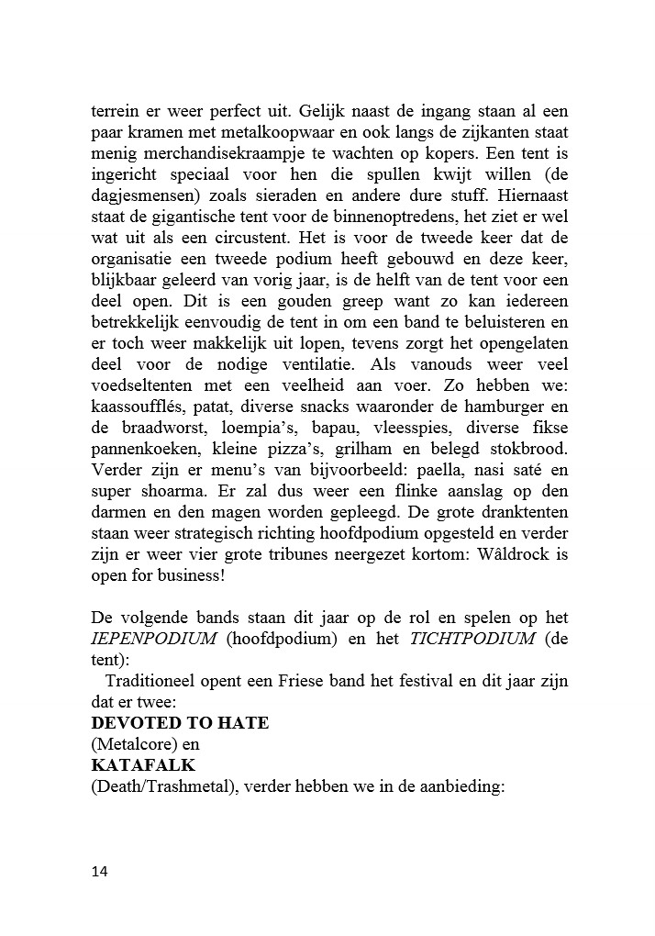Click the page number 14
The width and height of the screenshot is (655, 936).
tap(99, 872)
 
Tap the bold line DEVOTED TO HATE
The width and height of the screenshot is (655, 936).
tap(180, 722)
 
